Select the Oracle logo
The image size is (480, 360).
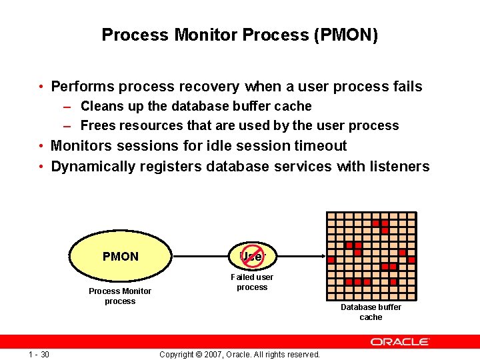point(400,341)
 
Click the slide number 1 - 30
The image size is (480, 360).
point(39,354)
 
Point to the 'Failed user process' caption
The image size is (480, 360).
point(252,282)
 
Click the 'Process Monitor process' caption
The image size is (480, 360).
point(120,296)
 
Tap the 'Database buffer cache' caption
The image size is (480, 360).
point(371,312)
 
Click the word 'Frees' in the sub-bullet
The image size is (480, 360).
point(96,125)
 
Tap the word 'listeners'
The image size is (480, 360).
point(400,167)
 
